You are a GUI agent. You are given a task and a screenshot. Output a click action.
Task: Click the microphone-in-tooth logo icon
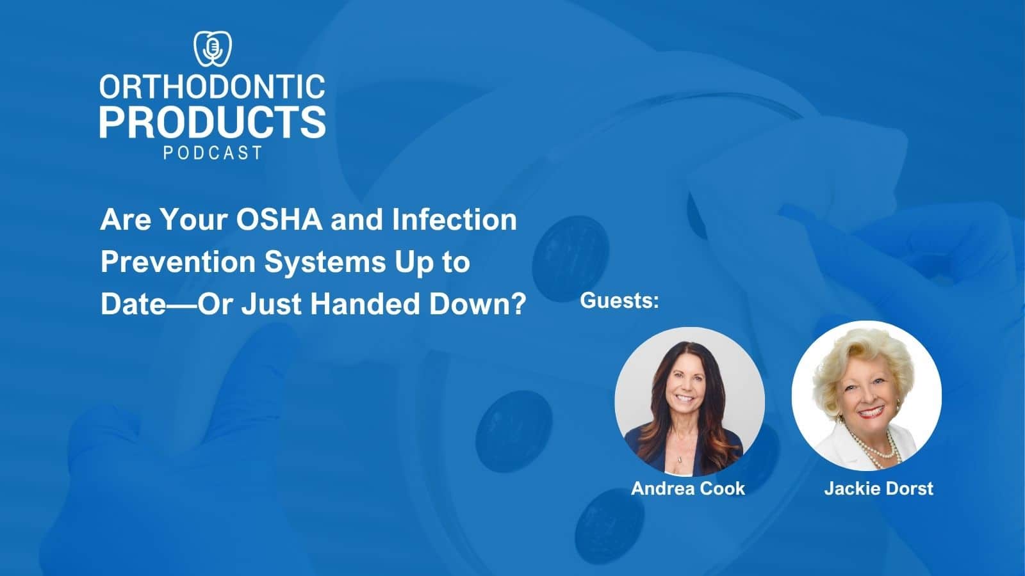(x=213, y=49)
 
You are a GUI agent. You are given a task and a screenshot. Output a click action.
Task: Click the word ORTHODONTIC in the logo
(x=212, y=86)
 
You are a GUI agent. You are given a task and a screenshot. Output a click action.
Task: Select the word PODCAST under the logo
(x=213, y=153)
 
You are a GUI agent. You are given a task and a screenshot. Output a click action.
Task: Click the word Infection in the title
(x=454, y=220)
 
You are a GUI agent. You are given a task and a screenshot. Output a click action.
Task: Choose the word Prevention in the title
(x=177, y=262)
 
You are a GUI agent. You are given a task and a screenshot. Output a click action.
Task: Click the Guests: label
(x=619, y=301)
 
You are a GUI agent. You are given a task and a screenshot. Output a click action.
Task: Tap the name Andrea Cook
(x=688, y=488)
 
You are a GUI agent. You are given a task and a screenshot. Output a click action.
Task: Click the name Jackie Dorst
(x=878, y=488)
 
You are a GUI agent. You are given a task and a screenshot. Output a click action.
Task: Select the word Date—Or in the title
(x=166, y=304)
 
